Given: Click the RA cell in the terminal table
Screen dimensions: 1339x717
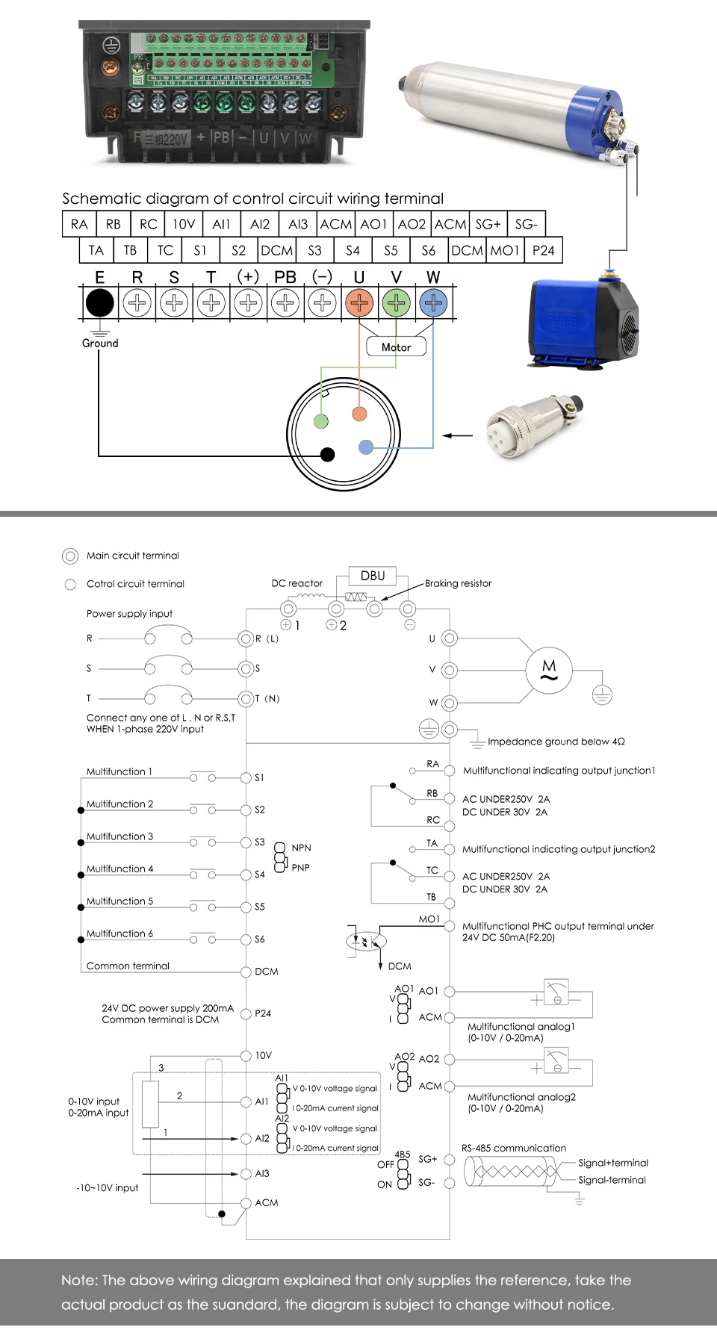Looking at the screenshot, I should click(78, 224).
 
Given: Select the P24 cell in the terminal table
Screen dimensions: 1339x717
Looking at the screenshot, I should click(543, 250).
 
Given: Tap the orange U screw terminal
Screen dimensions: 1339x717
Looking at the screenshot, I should click(359, 303).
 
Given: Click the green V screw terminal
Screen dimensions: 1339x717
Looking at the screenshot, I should click(397, 303).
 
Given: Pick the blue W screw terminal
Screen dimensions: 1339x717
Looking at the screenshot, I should click(433, 303).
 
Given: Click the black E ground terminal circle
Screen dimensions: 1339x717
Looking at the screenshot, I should click(100, 303).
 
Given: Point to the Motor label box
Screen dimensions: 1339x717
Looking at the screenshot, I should click(396, 347).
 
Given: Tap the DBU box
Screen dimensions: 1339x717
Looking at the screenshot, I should click(373, 576).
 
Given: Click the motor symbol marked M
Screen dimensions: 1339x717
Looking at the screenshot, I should click(549, 670).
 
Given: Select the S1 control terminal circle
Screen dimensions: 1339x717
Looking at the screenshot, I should click(246, 777).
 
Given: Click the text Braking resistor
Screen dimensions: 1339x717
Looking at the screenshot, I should click(458, 583).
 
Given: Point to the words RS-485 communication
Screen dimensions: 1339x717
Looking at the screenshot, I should click(514, 1148).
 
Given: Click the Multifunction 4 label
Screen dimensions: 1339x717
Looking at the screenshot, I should click(119, 869).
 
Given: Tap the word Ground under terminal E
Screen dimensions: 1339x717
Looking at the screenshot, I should click(100, 343).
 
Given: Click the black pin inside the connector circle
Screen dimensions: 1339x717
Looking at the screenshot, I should click(327, 454).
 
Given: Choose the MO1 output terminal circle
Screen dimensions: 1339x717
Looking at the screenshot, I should click(449, 926).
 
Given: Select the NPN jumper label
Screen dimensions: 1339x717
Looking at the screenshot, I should click(301, 848).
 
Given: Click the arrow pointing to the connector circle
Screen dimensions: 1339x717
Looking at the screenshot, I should click(458, 435).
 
